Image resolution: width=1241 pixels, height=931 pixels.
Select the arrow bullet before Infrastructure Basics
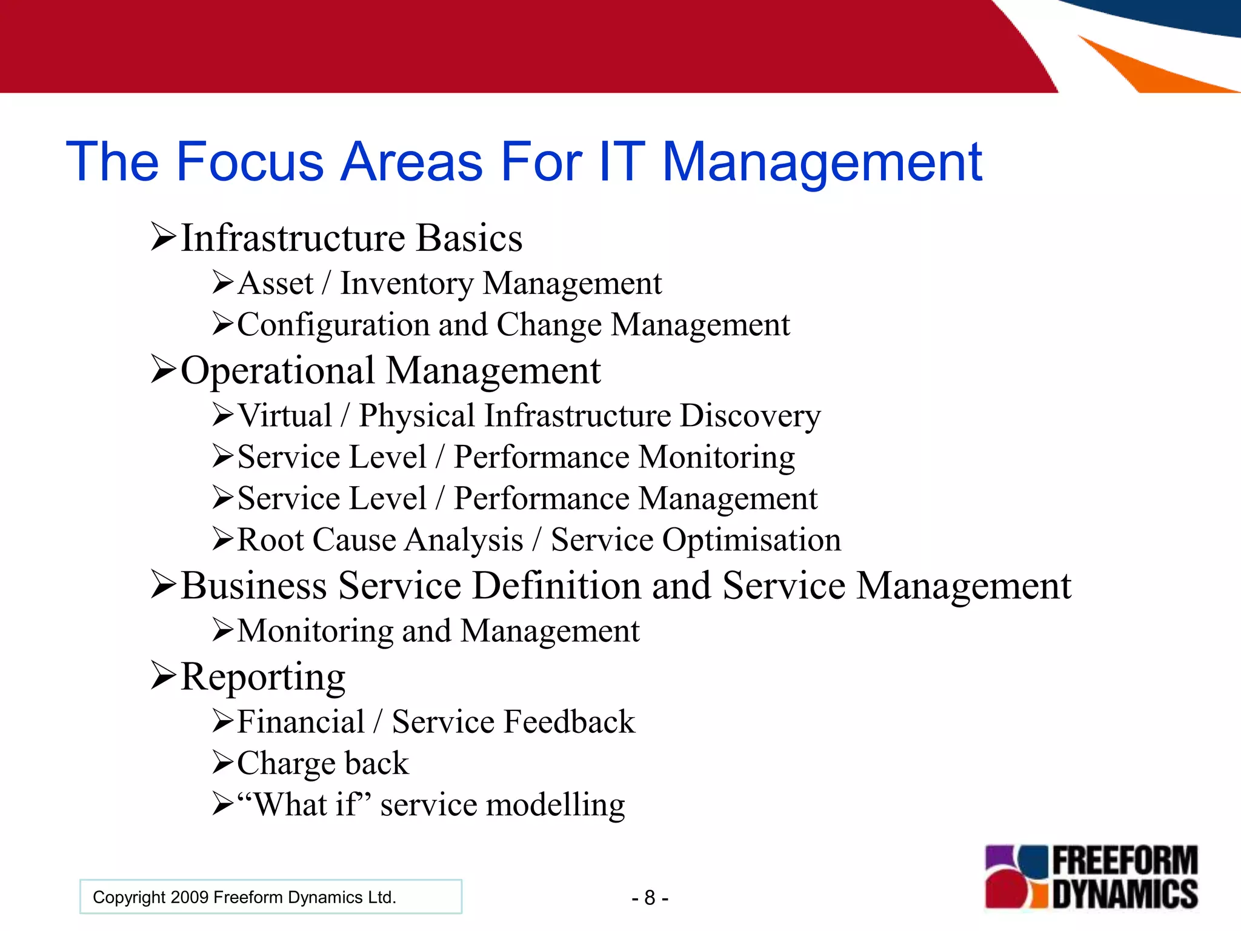click(163, 237)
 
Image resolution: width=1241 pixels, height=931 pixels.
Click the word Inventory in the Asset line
click(406, 284)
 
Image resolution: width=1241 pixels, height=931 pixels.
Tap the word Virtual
click(284, 416)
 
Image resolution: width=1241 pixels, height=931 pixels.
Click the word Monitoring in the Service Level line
click(716, 458)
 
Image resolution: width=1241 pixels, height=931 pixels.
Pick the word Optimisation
click(751, 540)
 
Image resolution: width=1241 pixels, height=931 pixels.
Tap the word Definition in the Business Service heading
click(556, 586)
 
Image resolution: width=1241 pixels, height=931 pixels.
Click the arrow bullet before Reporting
click(163, 676)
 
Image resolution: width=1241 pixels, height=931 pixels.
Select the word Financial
click(301, 722)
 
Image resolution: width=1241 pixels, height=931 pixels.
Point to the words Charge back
click(322, 763)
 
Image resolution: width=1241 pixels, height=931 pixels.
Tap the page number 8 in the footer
click(650, 898)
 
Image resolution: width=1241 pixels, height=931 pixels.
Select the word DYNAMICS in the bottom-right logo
click(1125, 893)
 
